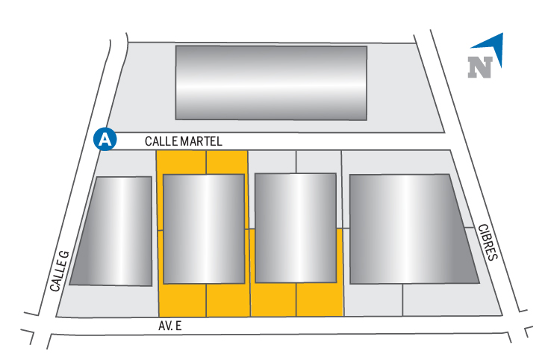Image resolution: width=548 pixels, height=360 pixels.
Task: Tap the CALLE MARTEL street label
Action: (184, 141)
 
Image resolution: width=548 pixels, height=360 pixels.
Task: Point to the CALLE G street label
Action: (60, 270)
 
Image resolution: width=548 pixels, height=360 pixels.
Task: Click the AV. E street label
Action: (171, 326)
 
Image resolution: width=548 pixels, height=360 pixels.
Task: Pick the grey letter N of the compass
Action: (481, 67)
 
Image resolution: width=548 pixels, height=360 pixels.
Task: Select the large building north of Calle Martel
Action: (271, 82)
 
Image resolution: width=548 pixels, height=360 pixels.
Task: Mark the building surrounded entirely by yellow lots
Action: (204, 228)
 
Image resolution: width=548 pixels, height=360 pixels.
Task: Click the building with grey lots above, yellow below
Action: (296, 227)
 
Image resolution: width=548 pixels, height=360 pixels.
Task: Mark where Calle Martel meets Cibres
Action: (450, 140)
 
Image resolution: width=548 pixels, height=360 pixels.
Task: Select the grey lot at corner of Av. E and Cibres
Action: (452, 301)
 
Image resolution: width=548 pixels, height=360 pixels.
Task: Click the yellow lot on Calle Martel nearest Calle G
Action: (180, 161)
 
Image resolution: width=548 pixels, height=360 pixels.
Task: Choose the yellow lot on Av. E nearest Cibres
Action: (320, 300)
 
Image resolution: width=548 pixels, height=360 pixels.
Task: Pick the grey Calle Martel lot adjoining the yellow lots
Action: (272, 161)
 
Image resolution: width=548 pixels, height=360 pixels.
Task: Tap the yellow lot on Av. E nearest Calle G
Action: (182, 300)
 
